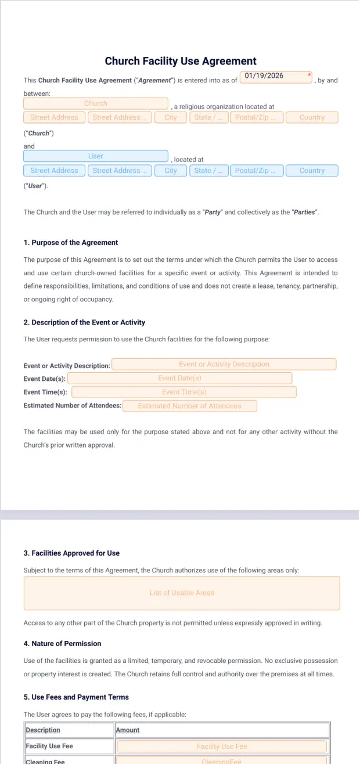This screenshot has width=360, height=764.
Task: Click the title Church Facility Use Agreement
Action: (180, 61)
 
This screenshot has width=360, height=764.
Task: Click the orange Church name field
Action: (96, 103)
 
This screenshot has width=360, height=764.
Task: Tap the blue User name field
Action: (96, 156)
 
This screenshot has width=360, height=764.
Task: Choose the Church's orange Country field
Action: (312, 117)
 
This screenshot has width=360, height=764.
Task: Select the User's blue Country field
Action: (312, 171)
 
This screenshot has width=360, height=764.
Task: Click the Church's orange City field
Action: (171, 117)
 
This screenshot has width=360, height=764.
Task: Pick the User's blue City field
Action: (171, 171)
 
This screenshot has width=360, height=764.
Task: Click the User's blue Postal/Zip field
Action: (257, 171)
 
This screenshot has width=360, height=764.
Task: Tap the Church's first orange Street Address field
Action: (54, 117)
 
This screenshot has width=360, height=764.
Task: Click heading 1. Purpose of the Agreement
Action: (71, 243)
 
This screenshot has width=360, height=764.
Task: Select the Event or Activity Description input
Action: (224, 364)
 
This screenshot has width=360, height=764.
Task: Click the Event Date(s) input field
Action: (179, 378)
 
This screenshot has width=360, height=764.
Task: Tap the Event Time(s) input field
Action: (183, 392)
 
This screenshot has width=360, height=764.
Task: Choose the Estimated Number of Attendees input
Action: (189, 406)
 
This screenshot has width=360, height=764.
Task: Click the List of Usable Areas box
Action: (182, 593)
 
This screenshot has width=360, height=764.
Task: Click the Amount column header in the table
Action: (128, 730)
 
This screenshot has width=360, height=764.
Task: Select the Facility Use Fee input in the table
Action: (222, 747)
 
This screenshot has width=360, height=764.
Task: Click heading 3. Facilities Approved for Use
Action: (71, 553)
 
